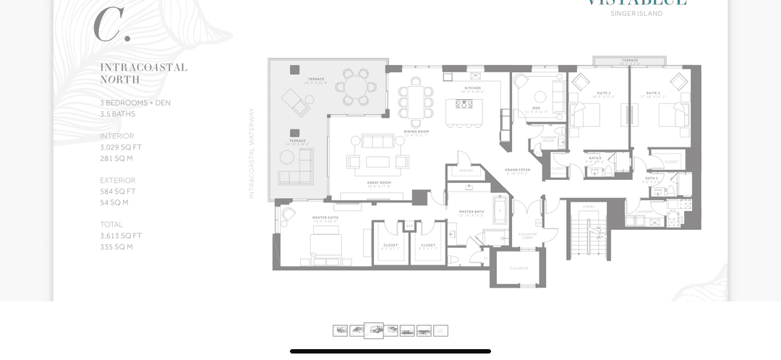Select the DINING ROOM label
click(417, 132)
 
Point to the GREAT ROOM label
click(379, 183)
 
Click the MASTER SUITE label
click(325, 217)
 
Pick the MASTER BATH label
click(471, 212)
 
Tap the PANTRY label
click(466, 171)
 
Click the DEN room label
click(536, 108)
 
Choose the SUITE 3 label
click(653, 93)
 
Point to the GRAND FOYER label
click(518, 170)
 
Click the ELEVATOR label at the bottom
click(518, 268)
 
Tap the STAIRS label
click(589, 207)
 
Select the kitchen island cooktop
click(464, 104)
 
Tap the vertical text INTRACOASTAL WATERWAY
click(252, 153)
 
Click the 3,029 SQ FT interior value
click(121, 147)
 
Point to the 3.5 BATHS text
click(118, 114)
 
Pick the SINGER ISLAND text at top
click(636, 14)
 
